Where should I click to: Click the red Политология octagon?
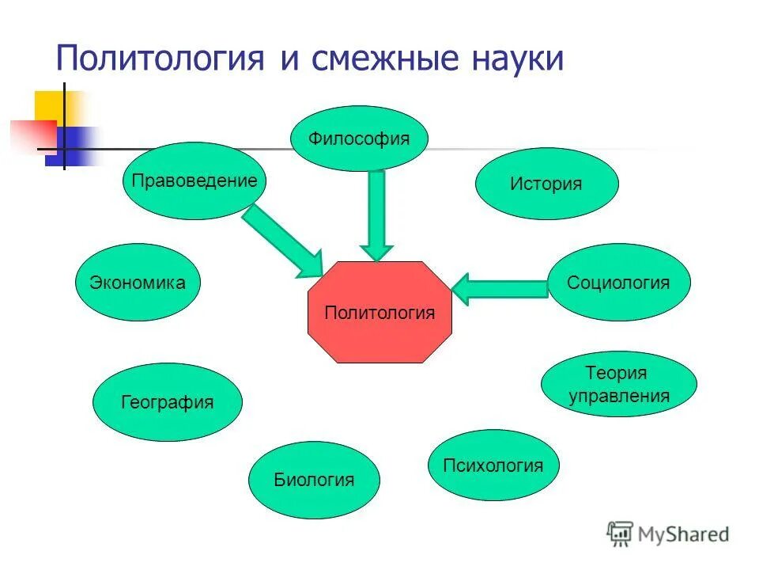(379, 312)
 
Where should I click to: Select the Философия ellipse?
(360, 139)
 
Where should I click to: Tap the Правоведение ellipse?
(194, 180)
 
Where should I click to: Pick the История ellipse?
(546, 184)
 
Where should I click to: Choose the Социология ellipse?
(618, 283)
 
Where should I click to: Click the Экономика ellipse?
(138, 283)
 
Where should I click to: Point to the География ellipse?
(168, 402)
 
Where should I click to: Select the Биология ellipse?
(314, 479)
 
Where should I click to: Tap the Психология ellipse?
(493, 465)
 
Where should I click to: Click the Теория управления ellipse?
(618, 384)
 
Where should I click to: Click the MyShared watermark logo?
(668, 534)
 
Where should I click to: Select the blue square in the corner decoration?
(75, 146)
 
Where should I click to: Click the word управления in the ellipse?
(618, 396)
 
